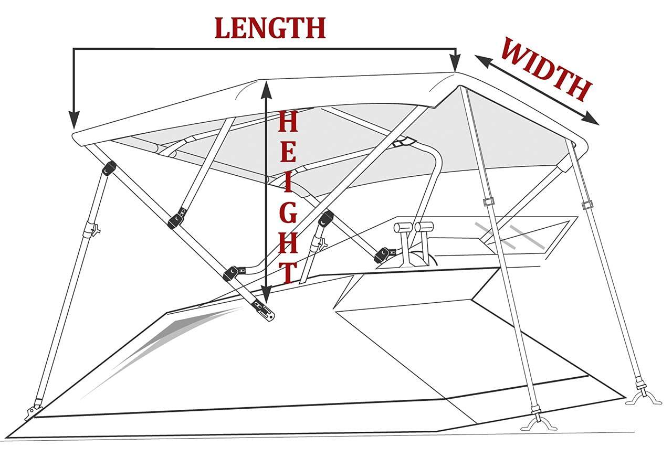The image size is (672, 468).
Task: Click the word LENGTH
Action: [270, 28]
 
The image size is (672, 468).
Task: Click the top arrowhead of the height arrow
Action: [266, 89]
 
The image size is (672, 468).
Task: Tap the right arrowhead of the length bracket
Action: [456, 65]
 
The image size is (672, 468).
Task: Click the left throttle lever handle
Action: [403, 228]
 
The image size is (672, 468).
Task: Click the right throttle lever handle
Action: [424, 227]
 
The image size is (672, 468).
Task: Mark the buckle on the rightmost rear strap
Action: [586, 205]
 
